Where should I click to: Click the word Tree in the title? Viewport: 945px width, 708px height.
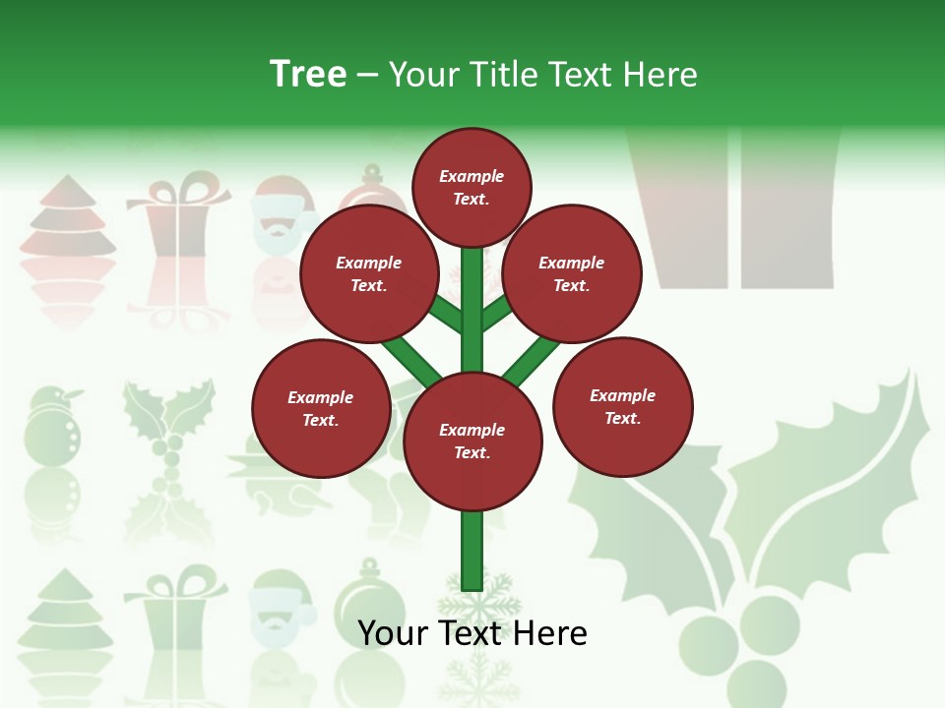(308, 74)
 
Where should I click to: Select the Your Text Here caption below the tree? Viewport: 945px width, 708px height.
(472, 632)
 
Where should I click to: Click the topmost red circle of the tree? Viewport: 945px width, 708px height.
(472, 187)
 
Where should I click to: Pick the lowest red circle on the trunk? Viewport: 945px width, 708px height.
(472, 442)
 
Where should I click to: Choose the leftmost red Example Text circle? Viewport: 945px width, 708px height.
(321, 409)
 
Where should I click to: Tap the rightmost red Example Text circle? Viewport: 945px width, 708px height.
(622, 407)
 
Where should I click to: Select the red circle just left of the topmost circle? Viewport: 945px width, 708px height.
(369, 273)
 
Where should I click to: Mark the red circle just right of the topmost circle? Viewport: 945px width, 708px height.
(572, 273)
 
